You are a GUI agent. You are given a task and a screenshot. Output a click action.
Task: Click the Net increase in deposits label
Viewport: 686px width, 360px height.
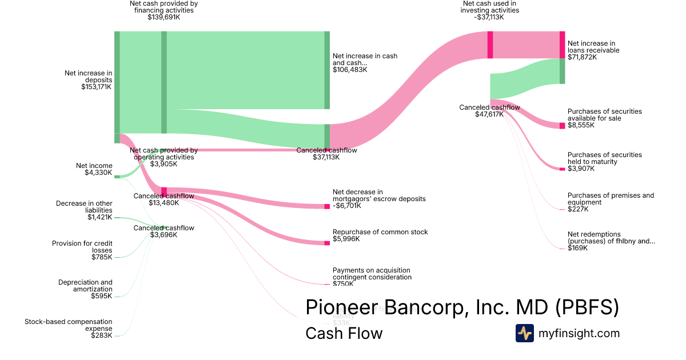[88, 77]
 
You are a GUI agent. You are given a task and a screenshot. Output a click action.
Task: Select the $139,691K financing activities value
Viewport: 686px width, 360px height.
[163, 18]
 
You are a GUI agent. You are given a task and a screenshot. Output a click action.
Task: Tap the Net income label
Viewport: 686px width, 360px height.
[94, 166]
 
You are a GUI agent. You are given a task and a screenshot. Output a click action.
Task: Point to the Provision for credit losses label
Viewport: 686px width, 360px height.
[82, 247]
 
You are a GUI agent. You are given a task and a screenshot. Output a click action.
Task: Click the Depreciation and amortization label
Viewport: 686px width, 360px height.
[85, 286]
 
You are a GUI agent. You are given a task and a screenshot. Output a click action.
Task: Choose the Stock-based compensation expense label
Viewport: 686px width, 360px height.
[69, 325]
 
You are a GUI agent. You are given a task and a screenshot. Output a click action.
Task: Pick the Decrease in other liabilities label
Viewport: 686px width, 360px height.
[84, 207]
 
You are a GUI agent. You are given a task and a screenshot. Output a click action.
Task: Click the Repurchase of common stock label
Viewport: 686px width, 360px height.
[380, 232]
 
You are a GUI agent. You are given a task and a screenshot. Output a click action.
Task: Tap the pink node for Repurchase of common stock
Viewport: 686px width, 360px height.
[327, 243]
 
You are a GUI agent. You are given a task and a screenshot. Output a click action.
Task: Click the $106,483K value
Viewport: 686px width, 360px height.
[350, 70]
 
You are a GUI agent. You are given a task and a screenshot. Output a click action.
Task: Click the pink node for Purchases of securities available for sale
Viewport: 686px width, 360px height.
[562, 126]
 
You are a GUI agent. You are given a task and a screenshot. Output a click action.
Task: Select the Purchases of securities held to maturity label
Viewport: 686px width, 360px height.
[604, 158]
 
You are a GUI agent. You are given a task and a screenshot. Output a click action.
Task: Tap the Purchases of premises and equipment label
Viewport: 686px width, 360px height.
[611, 199]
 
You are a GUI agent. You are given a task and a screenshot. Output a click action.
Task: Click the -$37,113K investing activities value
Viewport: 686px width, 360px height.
[490, 18]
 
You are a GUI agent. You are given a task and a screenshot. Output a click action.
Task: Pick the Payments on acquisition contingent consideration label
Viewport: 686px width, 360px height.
[372, 274]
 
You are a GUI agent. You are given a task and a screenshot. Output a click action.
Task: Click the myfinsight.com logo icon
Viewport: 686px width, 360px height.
[525, 333]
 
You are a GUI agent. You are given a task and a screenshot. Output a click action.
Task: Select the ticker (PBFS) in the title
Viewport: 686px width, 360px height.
[587, 307]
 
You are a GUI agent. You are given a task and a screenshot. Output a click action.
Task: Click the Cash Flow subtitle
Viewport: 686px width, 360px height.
[344, 333]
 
